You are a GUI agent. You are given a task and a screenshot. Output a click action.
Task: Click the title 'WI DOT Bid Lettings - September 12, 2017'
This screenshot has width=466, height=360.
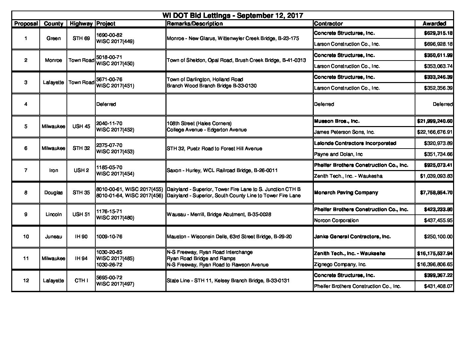[232, 16]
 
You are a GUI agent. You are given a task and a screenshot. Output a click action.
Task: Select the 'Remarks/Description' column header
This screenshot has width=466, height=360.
[195, 23]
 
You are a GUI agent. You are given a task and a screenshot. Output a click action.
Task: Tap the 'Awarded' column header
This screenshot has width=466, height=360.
[434, 23]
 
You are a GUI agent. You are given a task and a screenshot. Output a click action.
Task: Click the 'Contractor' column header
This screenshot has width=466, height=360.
[328, 23]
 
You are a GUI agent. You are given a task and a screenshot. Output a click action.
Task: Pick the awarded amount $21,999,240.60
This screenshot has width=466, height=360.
[435, 121]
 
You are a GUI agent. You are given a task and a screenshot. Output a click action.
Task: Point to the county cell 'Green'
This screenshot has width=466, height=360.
[53, 38]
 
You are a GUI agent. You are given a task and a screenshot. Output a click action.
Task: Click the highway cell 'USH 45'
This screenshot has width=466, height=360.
[81, 126]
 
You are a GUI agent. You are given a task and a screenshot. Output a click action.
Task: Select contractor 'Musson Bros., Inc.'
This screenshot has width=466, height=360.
[337, 121]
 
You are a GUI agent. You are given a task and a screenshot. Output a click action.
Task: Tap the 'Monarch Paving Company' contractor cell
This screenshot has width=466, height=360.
[346, 193]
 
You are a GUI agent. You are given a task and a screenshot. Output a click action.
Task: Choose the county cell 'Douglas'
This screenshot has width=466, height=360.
[53, 193]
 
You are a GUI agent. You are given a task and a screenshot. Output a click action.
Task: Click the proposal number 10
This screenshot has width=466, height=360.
[26, 237]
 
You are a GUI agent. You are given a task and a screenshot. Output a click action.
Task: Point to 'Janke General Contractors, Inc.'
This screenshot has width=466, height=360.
[352, 237]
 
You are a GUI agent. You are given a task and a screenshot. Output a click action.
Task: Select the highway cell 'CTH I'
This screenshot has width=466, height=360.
[81, 281]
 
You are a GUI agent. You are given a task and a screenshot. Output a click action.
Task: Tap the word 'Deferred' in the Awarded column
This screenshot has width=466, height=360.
[443, 104]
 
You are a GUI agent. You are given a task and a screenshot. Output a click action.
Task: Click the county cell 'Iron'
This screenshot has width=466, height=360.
[53, 170]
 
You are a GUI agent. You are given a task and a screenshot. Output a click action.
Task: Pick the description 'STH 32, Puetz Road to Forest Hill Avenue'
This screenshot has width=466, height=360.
[214, 149]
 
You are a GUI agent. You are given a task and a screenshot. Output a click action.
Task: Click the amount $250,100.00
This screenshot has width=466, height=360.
[438, 237]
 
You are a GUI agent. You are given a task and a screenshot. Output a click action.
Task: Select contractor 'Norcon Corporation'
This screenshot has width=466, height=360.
[336, 220]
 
